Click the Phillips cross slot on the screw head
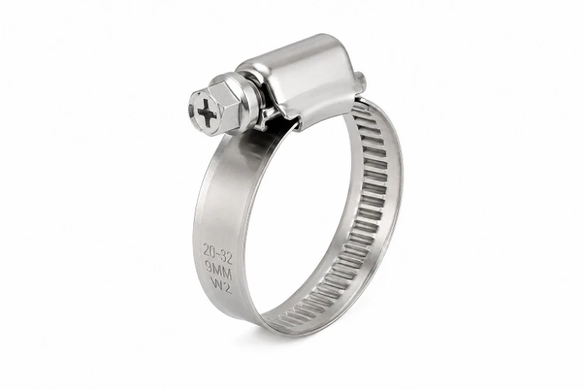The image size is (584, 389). pyautogui.click(x=207, y=112)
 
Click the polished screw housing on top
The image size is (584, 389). pyautogui.click(x=301, y=75)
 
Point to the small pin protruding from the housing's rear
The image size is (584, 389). pyautogui.click(x=361, y=79)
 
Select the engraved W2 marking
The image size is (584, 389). pyautogui.click(x=222, y=286)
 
